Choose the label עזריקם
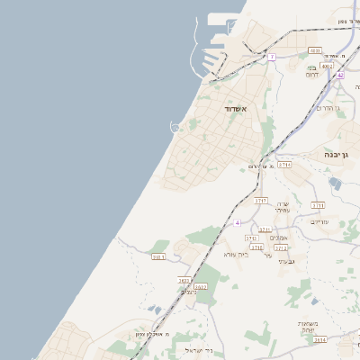(x=319, y=221)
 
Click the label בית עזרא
(x=224, y=254)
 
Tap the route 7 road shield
(x=271, y=57)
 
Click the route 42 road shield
(x=340, y=76)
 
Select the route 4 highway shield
(x=238, y=222)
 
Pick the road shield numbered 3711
(x=318, y=205)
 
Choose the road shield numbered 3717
(x=261, y=200)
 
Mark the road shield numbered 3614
(x=320, y=339)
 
